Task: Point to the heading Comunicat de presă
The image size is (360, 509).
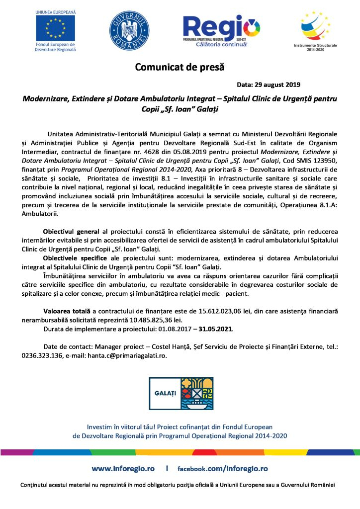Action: [x=180, y=67]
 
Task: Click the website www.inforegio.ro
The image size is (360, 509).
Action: [x=123, y=469]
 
